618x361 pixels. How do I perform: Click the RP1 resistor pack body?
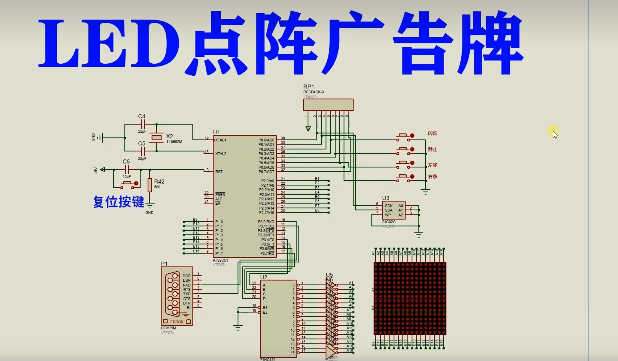pyautogui.click(x=328, y=105)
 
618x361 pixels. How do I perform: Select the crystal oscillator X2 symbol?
pyautogui.click(x=156, y=138)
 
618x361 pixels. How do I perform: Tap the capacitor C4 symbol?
pyautogui.click(x=142, y=125)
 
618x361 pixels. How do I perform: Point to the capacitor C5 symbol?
pyautogui.click(x=142, y=151)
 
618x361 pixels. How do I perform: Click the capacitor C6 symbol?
pyautogui.click(x=126, y=169)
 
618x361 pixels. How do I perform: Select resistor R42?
pyautogui.click(x=150, y=185)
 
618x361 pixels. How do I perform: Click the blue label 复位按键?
pyautogui.click(x=118, y=202)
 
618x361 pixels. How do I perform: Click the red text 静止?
pyautogui.click(x=432, y=149)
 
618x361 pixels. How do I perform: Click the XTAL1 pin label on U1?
pyautogui.click(x=221, y=140)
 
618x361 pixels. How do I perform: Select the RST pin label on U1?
pyautogui.click(x=219, y=172)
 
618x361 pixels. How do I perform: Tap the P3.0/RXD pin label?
pyautogui.click(x=266, y=222)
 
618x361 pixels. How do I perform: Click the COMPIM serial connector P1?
pyautogui.click(x=176, y=296)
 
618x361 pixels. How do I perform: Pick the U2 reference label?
pyautogui.click(x=264, y=277)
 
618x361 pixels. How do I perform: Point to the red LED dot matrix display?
pyautogui.click(x=410, y=298)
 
